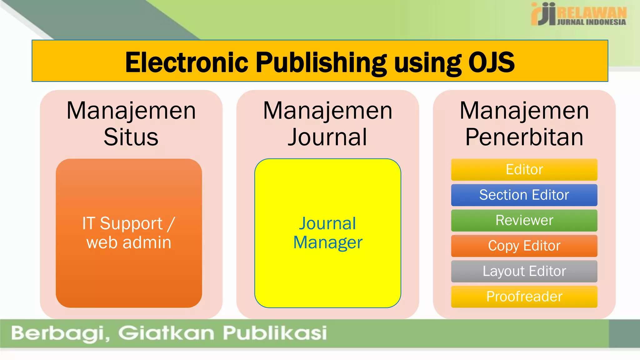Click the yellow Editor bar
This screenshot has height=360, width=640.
pyautogui.click(x=524, y=170)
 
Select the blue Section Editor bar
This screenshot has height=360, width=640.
pyautogui.click(x=524, y=195)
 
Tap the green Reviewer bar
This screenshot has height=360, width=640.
pyautogui.click(x=524, y=220)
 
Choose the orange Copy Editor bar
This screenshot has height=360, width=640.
pyautogui.click(x=524, y=246)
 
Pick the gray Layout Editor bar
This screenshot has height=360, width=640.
pyautogui.click(x=524, y=271)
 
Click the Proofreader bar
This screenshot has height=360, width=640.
pyautogui.click(x=524, y=297)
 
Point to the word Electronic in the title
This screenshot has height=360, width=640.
pyautogui.click(x=187, y=62)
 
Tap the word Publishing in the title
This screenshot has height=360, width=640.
pyautogui.click(x=321, y=62)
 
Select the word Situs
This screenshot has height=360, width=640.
pyautogui.click(x=131, y=137)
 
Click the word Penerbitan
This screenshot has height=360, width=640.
pyautogui.click(x=524, y=137)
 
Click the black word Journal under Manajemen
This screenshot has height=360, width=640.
pyautogui.click(x=327, y=137)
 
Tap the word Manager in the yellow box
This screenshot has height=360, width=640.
pyautogui.click(x=327, y=242)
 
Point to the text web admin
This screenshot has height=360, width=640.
pyautogui.click(x=129, y=242)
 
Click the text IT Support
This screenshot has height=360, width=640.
pyautogui.click(x=122, y=223)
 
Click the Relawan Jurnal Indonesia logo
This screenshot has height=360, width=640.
pyautogui.click(x=578, y=14)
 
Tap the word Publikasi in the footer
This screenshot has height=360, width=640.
pyautogui.click(x=275, y=333)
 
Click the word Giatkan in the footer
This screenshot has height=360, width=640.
pyautogui.click(x=166, y=333)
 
